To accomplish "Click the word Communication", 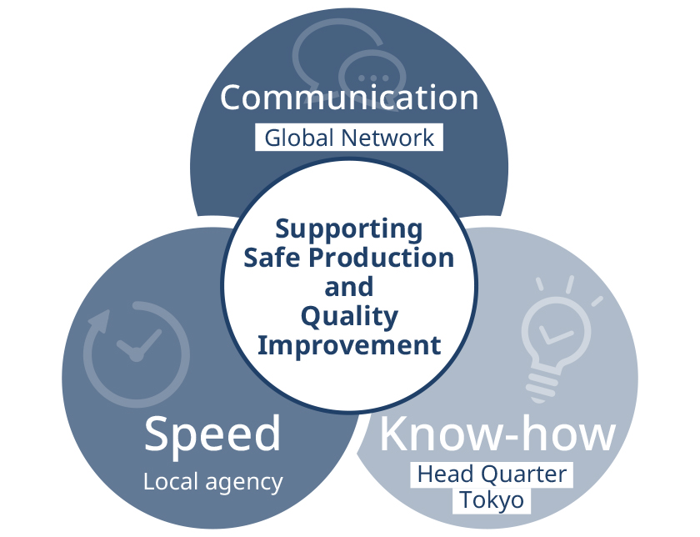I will coord(349,98).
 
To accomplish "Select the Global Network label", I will coord(349,138).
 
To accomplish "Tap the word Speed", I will coord(212,434).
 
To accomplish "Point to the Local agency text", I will coord(212,481).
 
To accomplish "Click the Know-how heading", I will coord(497,434).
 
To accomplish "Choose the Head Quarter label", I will coord(492,475).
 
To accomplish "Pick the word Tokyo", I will coord(492,500).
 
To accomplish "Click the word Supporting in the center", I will coord(349,228).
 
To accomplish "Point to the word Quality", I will coord(349,316).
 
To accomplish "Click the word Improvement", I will coord(349,345).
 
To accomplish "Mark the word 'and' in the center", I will coord(349,287).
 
